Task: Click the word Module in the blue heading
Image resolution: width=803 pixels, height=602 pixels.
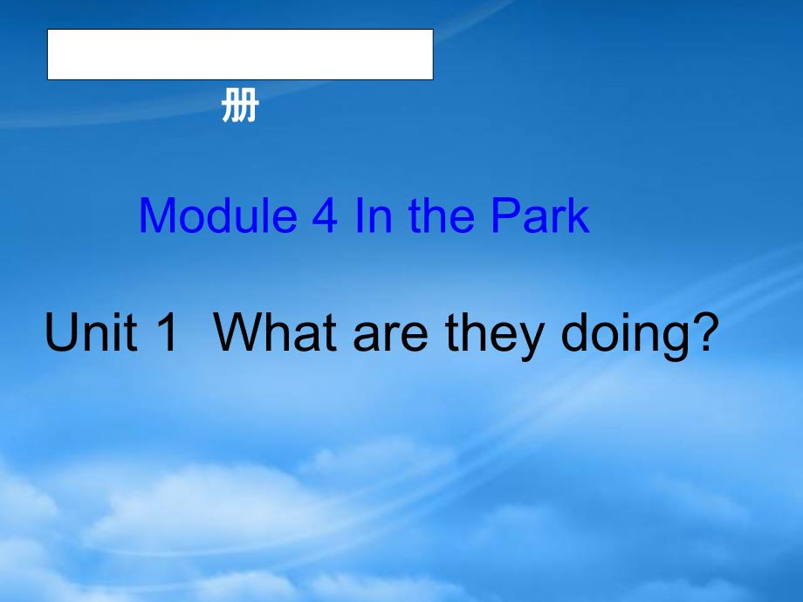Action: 218,215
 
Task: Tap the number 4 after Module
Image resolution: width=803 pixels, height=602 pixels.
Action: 324,216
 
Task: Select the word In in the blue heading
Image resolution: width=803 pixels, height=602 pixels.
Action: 374,215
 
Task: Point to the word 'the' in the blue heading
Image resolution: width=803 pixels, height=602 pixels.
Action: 442,215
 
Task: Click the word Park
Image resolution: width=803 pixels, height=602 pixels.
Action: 539,215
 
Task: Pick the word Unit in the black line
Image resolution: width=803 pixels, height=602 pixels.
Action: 91,332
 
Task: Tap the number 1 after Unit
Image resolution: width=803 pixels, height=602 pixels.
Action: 167,332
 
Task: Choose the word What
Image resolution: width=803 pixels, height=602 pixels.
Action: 275,332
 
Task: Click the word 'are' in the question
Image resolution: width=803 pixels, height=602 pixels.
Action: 391,338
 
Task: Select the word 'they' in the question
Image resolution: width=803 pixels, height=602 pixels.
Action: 495,337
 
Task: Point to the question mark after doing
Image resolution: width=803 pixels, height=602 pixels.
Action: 702,332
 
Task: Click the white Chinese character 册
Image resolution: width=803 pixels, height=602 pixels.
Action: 240,106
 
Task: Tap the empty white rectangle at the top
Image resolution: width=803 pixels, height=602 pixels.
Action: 240,54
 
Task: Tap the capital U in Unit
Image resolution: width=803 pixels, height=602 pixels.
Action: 60,332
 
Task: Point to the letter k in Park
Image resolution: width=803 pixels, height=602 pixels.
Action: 576,215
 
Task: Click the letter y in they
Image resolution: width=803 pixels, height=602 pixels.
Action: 532,343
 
